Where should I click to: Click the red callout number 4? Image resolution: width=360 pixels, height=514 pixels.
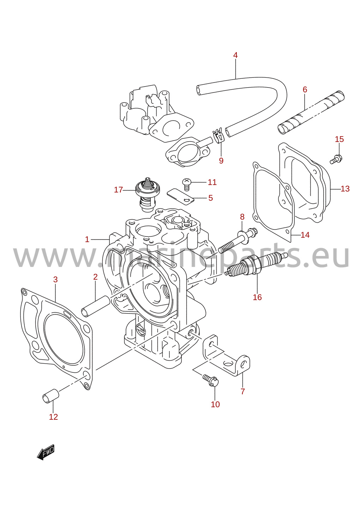[235, 55]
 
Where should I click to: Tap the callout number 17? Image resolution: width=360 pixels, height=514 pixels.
[119, 190]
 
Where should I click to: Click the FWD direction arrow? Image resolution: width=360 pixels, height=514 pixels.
[46, 452]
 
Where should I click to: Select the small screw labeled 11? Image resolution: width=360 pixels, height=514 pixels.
[187, 184]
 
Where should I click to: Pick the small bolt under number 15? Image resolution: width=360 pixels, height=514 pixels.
[336, 159]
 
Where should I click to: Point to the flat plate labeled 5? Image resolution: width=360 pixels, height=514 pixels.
[181, 196]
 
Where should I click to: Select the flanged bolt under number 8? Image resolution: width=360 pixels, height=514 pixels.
[238, 240]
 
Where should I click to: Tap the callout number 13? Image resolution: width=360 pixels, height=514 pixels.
[345, 189]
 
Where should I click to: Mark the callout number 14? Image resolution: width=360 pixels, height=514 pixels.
[305, 235]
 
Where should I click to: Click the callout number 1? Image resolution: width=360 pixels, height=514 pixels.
[87, 240]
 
